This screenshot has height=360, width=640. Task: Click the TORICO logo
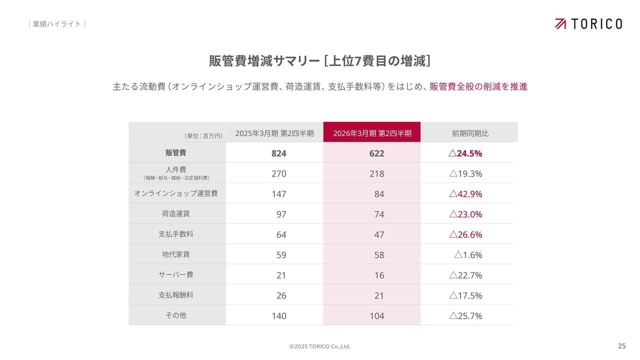point(588,23)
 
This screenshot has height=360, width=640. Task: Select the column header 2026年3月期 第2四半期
point(372,133)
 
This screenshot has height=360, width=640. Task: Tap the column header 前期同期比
point(470,133)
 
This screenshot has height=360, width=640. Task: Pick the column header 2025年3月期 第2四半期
point(274,133)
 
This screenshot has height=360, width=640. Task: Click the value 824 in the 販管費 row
point(278,153)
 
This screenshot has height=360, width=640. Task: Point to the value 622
point(376,153)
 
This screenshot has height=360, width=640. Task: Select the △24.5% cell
point(465,153)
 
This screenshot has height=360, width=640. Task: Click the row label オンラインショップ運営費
point(176,193)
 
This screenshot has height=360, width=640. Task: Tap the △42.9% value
point(465,194)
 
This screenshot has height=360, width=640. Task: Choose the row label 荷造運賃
point(176,213)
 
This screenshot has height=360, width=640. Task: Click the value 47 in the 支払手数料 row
point(379,234)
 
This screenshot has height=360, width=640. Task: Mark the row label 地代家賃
point(176,254)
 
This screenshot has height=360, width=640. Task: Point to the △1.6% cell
point(468,255)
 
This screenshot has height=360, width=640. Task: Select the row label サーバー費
point(176,274)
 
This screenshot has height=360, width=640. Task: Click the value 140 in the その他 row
point(278,316)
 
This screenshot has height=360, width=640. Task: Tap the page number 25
point(621,346)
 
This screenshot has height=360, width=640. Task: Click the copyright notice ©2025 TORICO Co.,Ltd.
point(320,346)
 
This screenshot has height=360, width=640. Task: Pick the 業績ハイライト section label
point(56,24)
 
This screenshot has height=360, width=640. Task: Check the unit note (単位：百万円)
point(203,135)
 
